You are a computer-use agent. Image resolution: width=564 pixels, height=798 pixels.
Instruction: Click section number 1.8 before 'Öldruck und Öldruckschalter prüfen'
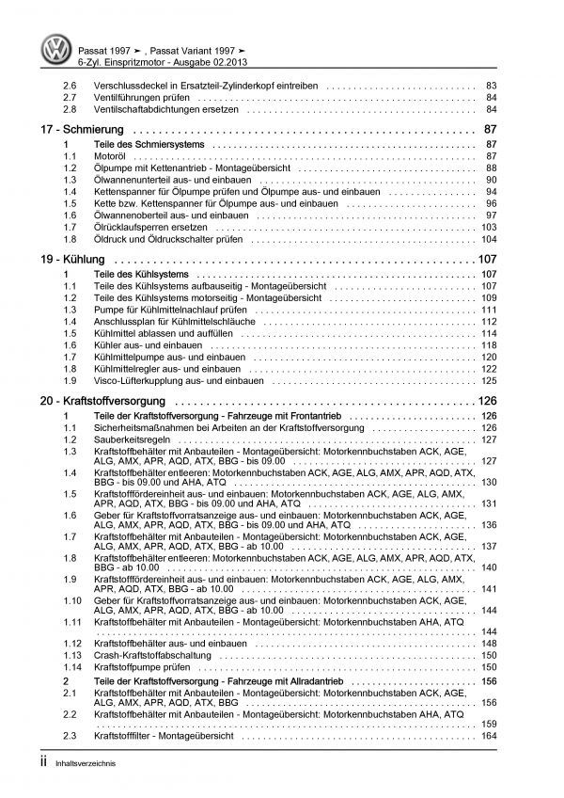point(70,239)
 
